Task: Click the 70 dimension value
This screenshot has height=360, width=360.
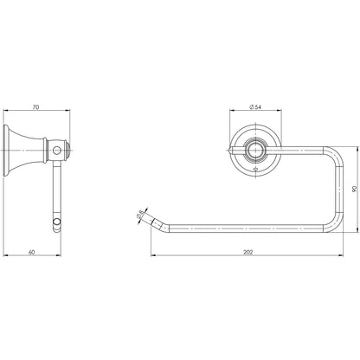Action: [x=35, y=107]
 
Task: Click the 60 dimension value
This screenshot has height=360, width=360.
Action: [x=31, y=252]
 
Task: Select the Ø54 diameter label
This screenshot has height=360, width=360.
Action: [x=255, y=107]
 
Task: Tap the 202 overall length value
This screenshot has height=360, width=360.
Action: [x=247, y=252]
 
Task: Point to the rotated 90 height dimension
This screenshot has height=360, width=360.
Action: [x=355, y=189]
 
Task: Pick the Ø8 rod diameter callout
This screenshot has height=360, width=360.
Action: [x=140, y=215]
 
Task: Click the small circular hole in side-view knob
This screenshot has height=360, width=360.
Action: [x=57, y=151]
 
